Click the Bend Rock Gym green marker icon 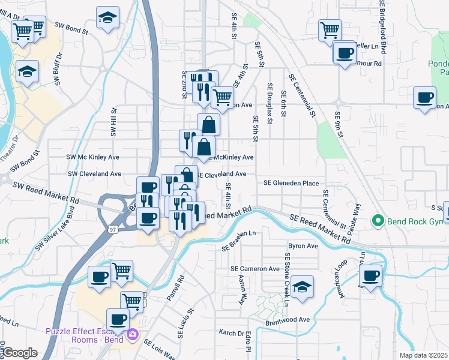(x=378, y=221)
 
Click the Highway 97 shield (x=113, y=229)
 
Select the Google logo (x=19, y=353)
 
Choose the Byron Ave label (x=303, y=246)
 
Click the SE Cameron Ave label (x=256, y=269)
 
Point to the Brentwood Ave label (x=288, y=320)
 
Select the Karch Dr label (x=231, y=332)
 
